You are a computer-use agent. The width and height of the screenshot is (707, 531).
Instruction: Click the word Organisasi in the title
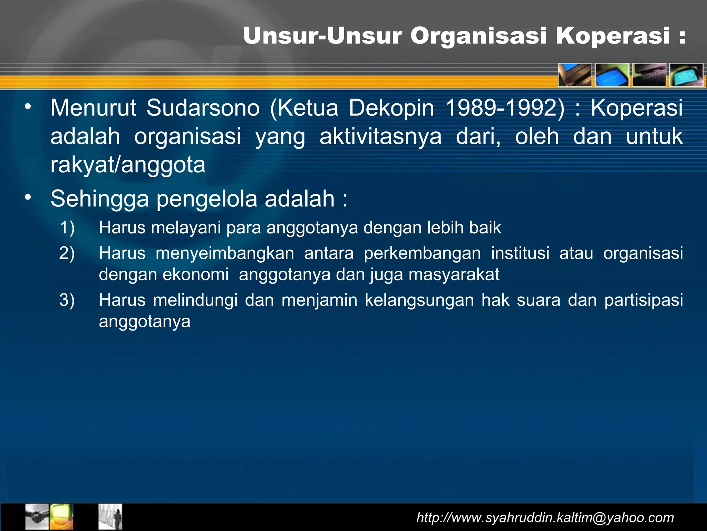[x=478, y=36]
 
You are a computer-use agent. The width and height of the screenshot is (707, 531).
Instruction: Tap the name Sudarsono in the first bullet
[x=203, y=108]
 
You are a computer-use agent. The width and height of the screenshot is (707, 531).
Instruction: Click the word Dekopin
[x=391, y=108]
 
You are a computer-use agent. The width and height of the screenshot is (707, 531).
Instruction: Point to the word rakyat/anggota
[x=128, y=165]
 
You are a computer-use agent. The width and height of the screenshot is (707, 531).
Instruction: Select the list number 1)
[x=67, y=228]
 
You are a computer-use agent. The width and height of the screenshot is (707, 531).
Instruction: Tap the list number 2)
[x=67, y=253]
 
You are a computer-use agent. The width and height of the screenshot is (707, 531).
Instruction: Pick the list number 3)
[x=67, y=300]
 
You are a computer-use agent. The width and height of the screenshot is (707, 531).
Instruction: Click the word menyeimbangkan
[x=225, y=253]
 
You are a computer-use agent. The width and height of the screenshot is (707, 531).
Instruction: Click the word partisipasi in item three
[x=643, y=300]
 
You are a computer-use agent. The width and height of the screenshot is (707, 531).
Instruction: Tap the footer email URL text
[x=545, y=518]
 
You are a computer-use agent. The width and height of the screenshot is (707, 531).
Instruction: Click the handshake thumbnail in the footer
[x=37, y=516]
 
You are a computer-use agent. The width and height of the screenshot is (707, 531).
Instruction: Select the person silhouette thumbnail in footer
[x=110, y=516]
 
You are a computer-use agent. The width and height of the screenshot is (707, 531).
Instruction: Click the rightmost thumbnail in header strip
[x=686, y=75]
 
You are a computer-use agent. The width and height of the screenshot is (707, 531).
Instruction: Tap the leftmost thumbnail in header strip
[x=575, y=75]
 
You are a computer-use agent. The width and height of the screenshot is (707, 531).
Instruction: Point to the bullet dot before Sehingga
[x=28, y=197]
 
